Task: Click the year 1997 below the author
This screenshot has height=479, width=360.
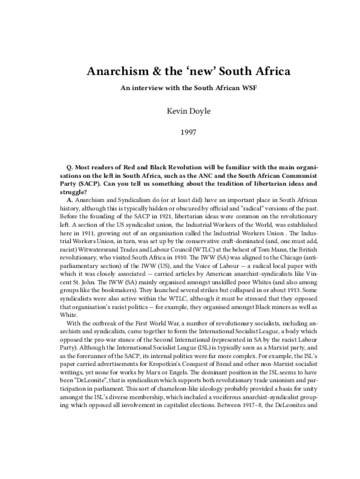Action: point(180,133)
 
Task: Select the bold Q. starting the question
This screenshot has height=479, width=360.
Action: point(70,167)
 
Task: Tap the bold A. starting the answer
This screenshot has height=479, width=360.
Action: point(70,200)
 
